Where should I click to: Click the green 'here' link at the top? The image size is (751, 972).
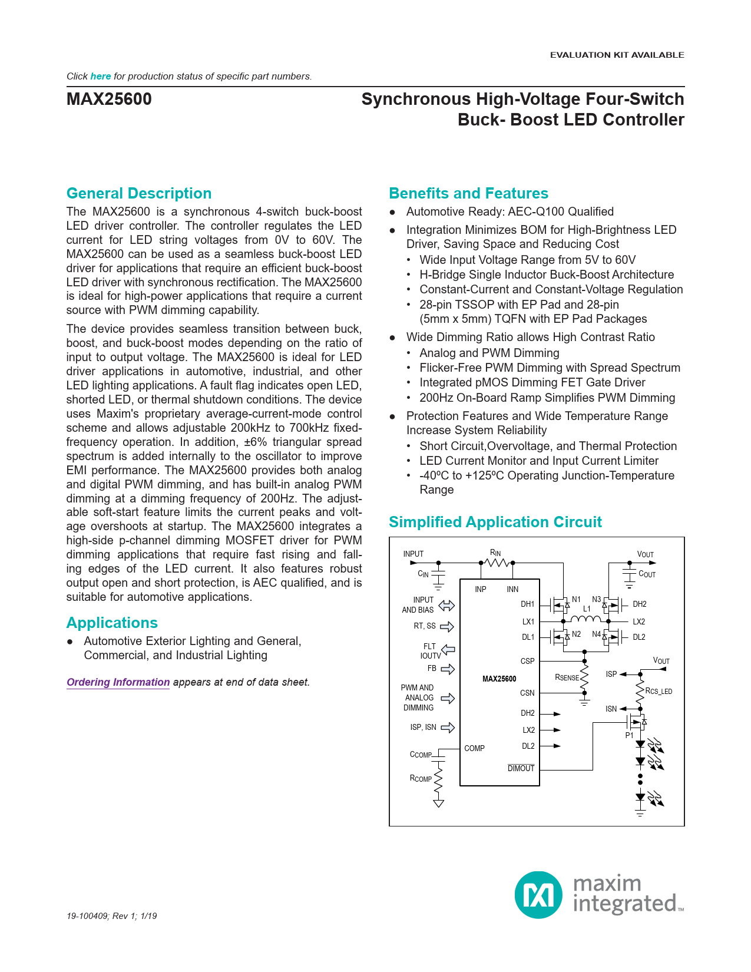click(x=101, y=76)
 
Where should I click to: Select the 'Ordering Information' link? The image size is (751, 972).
click(x=118, y=682)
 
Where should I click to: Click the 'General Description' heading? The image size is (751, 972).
click(x=139, y=193)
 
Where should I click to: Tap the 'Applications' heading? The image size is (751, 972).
click(x=112, y=623)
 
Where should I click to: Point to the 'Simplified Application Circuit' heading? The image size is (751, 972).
click(x=495, y=522)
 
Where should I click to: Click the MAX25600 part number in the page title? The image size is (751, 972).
click(x=109, y=99)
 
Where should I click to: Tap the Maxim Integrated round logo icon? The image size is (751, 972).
click(x=538, y=895)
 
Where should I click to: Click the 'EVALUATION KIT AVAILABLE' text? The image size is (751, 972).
click(x=617, y=55)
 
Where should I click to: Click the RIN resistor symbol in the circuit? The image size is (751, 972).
click(x=497, y=563)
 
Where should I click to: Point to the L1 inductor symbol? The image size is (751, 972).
click(x=585, y=619)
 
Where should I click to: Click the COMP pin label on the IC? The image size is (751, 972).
click(x=474, y=748)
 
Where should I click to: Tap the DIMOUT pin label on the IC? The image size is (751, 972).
click(x=521, y=768)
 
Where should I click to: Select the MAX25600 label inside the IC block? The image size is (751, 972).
click(x=499, y=679)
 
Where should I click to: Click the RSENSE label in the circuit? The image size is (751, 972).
click(x=567, y=677)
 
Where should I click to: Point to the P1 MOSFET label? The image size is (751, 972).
click(x=630, y=735)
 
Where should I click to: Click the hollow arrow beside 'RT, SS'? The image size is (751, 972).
click(x=447, y=626)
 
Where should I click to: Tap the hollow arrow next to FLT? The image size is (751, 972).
click(x=448, y=649)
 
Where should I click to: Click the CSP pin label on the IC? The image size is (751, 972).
click(x=527, y=661)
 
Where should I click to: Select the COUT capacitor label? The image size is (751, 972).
click(x=647, y=574)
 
